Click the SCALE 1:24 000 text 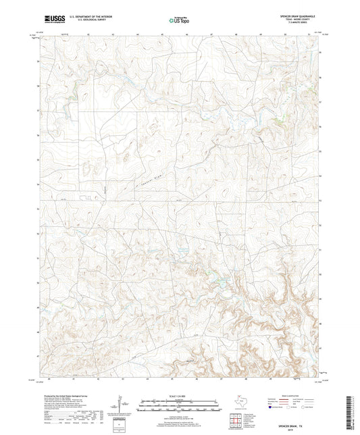[179, 395]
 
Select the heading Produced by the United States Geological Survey [65, 395]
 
